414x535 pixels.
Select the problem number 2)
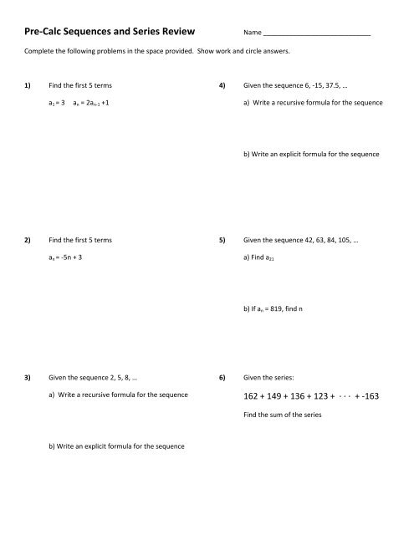point(28,240)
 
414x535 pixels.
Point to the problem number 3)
point(28,377)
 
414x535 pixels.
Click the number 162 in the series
point(251,396)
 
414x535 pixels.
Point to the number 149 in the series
point(275,396)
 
